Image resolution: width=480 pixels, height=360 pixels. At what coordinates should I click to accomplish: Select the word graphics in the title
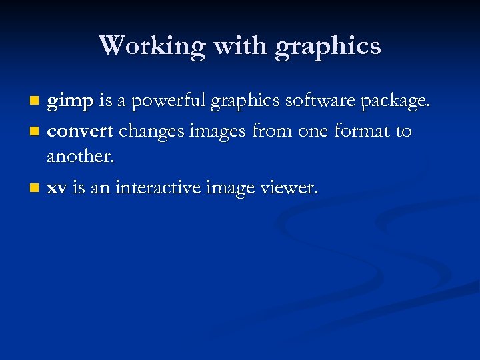click(327, 47)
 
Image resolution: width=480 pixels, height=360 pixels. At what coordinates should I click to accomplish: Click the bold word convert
click(80, 131)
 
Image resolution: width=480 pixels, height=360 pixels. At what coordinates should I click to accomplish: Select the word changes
click(152, 131)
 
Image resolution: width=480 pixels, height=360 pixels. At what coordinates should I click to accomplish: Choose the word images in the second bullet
click(217, 131)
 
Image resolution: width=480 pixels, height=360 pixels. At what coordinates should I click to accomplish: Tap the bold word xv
click(56, 188)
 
